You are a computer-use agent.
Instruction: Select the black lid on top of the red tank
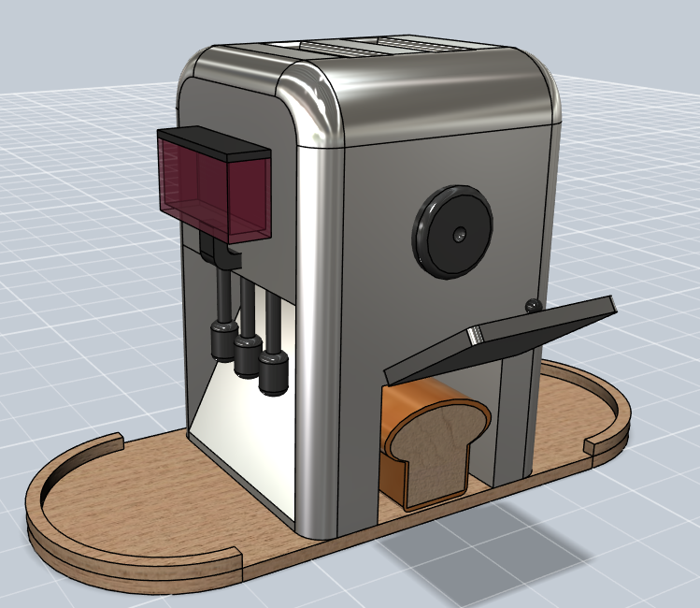(213, 140)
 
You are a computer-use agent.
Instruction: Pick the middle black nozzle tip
(248, 357)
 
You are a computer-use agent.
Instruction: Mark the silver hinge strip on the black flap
(475, 335)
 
